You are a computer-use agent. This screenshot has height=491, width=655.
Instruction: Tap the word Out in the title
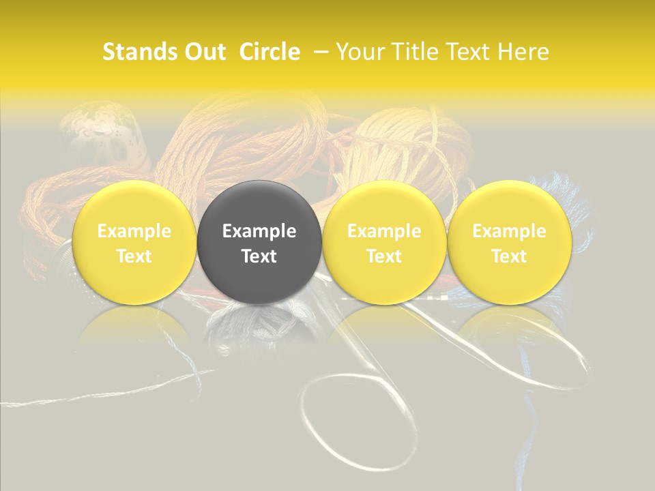coord(203,52)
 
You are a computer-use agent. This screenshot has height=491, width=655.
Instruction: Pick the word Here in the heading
coord(523,52)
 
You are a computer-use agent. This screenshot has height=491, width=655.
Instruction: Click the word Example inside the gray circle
coord(259,231)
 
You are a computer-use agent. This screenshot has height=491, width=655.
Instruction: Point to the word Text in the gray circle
coord(259,256)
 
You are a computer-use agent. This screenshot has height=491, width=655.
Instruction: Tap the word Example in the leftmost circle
coord(134,231)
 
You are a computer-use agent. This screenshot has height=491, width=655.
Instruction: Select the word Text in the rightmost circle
coord(509,256)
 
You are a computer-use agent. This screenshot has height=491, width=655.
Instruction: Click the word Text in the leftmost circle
coord(134,256)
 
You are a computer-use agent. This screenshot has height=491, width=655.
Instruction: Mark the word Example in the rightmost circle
coord(509,231)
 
